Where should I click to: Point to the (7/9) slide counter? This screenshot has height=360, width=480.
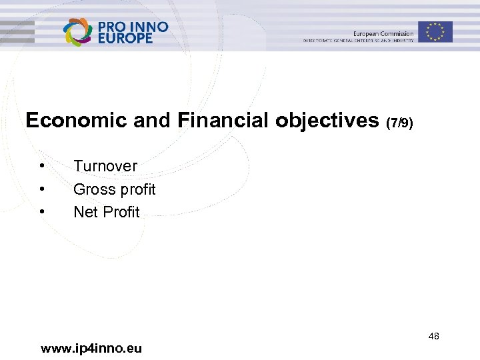click(400, 123)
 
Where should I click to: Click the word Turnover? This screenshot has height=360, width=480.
click(105, 166)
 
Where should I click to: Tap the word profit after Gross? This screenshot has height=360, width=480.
click(137, 190)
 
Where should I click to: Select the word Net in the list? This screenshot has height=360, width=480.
click(85, 212)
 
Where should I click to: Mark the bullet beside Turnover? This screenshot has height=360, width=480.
click(42, 165)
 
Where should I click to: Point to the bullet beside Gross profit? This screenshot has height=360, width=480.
click(42, 189)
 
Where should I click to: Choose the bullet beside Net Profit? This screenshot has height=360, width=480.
click(42, 211)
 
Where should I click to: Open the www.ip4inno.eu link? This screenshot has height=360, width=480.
click(91, 348)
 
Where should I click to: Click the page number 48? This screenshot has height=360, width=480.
click(433, 336)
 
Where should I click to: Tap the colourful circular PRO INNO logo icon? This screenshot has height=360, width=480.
click(78, 31)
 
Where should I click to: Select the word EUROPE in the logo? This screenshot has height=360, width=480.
click(125, 38)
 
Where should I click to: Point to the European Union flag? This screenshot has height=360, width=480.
click(435, 31)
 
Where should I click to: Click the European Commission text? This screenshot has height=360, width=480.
click(383, 33)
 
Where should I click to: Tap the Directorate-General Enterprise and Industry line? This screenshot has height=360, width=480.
click(359, 41)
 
